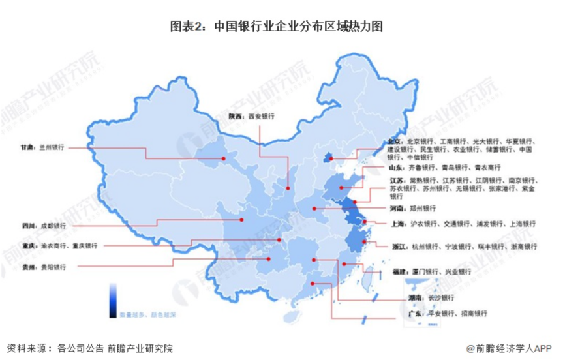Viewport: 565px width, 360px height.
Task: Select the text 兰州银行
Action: (53, 147)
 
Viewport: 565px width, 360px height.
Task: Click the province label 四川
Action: (28, 226)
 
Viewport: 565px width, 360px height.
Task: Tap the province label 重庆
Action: (28, 246)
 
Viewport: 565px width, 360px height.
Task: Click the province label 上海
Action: (397, 223)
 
